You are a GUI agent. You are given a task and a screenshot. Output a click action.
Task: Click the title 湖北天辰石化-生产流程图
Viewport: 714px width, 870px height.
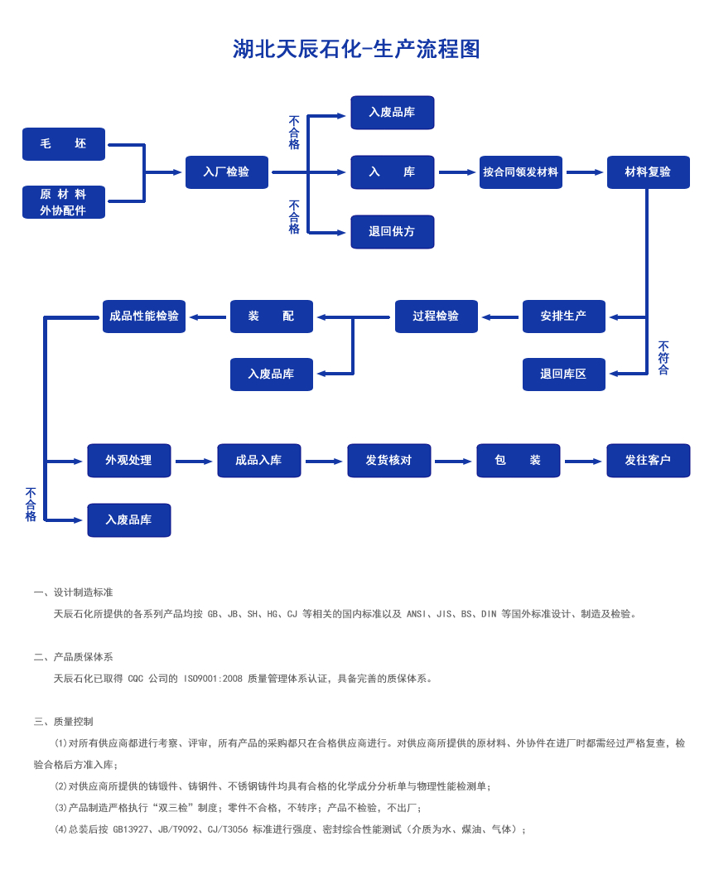(356, 50)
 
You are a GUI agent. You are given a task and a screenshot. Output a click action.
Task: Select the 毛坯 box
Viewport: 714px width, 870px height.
(64, 144)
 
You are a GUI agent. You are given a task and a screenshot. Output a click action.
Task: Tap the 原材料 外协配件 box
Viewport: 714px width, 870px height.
(64, 202)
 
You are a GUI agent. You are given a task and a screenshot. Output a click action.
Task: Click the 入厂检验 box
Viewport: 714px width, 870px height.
(226, 172)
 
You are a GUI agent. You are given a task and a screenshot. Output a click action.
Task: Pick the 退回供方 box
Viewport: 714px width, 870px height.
(392, 232)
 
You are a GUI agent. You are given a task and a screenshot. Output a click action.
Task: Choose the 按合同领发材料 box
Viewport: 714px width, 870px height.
(520, 172)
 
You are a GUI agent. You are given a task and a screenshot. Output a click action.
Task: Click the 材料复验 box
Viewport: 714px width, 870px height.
(648, 172)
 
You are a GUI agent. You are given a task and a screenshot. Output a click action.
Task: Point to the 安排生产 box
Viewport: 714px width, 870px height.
(563, 317)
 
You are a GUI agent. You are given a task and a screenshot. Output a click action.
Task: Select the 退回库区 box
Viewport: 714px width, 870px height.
(563, 375)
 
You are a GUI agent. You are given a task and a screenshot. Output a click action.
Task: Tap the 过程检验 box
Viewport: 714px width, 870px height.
(436, 317)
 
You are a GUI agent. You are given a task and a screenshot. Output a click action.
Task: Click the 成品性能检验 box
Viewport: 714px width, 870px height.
(144, 317)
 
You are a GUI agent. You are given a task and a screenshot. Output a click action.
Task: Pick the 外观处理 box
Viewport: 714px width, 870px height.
(128, 461)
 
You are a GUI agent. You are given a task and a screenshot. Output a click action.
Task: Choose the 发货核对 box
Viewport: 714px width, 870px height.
(388, 461)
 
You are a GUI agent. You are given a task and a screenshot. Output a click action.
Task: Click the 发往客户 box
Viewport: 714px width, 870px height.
(648, 461)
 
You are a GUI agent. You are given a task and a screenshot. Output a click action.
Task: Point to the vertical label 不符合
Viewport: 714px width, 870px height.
(663, 358)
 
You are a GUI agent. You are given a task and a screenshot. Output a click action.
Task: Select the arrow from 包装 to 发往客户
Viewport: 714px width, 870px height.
(583, 462)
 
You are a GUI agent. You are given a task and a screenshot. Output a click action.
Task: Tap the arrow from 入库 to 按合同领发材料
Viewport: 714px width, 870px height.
(457, 172)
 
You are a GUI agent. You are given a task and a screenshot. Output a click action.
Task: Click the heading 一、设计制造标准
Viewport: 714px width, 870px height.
(74, 592)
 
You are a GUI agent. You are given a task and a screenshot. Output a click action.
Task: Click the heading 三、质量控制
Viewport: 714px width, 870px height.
(64, 722)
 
